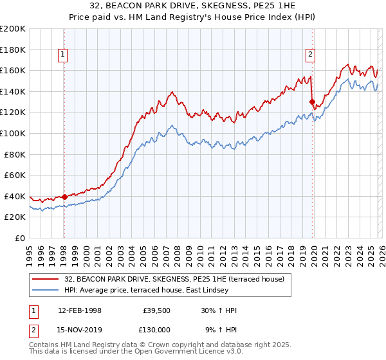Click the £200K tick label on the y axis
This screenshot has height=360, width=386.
13,29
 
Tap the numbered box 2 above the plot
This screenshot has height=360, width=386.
310,55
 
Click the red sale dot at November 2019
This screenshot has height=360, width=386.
312,102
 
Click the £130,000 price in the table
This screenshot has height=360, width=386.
154,328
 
